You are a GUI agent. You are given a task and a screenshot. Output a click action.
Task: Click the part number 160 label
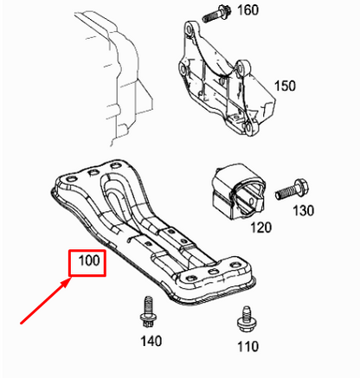(247, 10)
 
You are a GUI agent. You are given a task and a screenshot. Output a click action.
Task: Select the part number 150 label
(285, 86)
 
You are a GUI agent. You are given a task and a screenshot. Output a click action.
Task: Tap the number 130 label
(303, 210)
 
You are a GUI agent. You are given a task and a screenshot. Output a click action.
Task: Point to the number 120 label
(261, 227)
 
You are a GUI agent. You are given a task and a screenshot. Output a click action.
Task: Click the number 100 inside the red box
(89, 260)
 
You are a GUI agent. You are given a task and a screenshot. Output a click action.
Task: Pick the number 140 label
(151, 341)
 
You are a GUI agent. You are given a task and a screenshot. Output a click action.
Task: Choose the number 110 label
(247, 346)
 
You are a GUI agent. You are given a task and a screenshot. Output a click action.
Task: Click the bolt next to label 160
(215, 14)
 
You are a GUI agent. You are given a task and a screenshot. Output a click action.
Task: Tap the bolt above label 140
(148, 311)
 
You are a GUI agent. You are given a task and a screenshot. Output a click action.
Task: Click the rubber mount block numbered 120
(238, 192)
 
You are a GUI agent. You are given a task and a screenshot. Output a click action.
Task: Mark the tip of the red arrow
(70, 278)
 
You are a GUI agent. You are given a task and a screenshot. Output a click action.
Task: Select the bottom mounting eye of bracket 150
(248, 128)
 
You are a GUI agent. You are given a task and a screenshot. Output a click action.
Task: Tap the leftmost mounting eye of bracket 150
(183, 68)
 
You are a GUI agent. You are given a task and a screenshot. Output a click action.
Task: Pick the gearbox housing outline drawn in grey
(114, 78)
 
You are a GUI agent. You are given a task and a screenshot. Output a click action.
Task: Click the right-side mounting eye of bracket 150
(244, 67)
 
